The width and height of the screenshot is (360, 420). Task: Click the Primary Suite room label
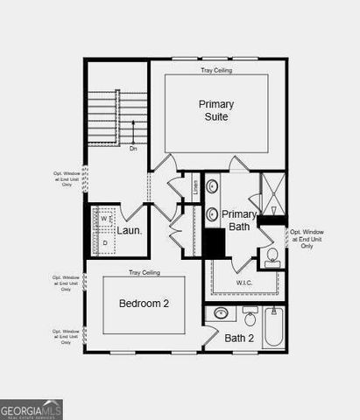(x=215, y=111)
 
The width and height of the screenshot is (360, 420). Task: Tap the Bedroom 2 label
(x=144, y=304)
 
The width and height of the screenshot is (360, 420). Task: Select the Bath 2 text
(x=238, y=338)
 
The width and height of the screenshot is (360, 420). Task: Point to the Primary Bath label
(x=238, y=220)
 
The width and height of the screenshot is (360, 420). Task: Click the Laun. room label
(x=130, y=231)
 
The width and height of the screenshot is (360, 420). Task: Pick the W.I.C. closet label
(x=244, y=283)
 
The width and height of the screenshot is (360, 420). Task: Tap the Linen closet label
(x=194, y=185)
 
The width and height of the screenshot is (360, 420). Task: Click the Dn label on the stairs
(x=133, y=148)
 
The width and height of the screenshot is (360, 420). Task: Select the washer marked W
(x=103, y=219)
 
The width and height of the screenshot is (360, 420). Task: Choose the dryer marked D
(x=104, y=241)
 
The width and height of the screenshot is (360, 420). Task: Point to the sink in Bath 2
(x=222, y=312)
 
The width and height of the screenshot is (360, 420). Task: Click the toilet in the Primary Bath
(x=272, y=255)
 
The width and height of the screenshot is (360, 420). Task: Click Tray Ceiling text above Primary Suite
(x=215, y=69)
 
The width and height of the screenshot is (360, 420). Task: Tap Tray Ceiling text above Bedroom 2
(x=144, y=271)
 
